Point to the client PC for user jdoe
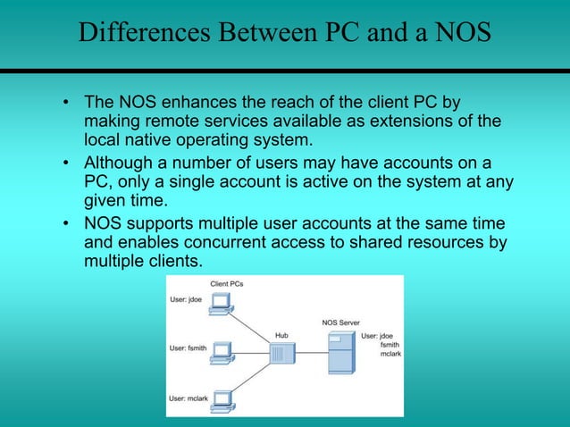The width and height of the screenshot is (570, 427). (219, 306)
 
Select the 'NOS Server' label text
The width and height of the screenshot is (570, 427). (340, 322)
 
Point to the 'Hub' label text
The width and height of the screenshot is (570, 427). (281, 336)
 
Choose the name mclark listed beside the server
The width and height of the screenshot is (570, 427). (390, 355)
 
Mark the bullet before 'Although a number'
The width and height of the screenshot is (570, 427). (67, 162)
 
